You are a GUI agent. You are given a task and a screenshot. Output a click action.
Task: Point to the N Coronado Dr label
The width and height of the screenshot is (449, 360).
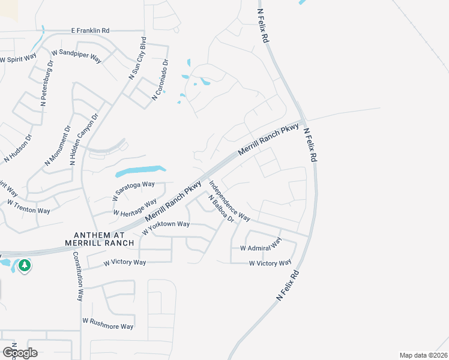(x=161, y=80)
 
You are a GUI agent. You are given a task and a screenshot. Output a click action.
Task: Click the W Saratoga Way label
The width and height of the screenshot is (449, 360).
(x=133, y=190)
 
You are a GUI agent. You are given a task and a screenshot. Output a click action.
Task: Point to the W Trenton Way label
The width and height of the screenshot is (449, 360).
(x=28, y=211)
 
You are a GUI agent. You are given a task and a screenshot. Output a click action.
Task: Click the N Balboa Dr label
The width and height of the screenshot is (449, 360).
(x=221, y=208)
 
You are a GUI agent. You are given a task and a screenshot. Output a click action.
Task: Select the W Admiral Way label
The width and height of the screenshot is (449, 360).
(x=261, y=245)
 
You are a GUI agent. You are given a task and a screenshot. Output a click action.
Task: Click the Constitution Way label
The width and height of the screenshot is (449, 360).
(x=79, y=275)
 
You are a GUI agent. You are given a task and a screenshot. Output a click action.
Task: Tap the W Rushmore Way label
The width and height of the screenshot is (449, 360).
(x=108, y=324)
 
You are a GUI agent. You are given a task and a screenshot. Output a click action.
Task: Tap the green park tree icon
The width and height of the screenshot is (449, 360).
(x=24, y=265)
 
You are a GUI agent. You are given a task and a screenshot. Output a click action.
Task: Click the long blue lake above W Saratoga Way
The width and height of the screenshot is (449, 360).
(x=139, y=172)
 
